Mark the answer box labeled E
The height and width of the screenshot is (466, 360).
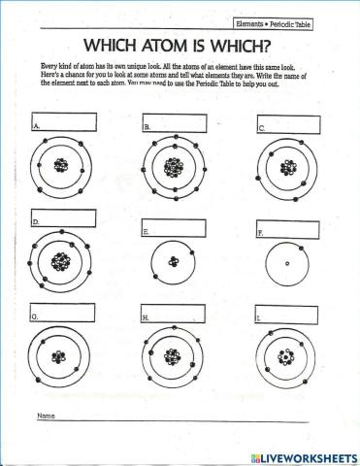click(175, 229)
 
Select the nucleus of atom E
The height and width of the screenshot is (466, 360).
click(173, 261)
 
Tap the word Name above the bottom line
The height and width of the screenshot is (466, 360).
click(45, 416)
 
